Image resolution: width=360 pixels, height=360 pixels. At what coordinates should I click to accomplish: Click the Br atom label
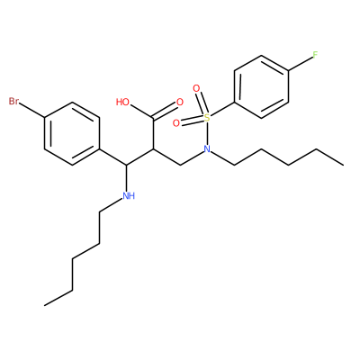13,101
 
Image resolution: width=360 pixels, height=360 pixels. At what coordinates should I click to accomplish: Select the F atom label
315,55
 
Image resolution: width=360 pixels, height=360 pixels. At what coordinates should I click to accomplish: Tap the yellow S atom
207,117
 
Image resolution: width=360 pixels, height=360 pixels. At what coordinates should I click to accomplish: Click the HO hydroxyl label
122,102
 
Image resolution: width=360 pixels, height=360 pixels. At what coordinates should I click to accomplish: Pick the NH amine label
129,196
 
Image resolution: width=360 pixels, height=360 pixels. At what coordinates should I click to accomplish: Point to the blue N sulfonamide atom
206,148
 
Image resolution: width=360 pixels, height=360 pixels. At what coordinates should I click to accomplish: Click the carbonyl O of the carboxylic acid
179,102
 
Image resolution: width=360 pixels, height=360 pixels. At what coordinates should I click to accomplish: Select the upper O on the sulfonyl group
196,88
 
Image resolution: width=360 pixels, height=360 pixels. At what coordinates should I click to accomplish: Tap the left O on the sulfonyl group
176,122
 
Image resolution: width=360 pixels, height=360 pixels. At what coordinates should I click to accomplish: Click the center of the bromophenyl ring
72,133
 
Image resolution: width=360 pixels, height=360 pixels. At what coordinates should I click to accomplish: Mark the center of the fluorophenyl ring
261,86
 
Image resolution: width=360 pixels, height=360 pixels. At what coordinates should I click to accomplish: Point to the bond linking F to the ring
301,64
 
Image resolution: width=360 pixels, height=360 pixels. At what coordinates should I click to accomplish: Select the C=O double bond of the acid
165,111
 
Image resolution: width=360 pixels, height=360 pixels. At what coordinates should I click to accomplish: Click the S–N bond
207,133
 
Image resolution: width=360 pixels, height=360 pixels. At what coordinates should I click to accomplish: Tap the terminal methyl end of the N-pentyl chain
343,165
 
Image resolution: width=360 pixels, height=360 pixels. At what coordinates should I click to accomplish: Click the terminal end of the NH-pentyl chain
45,306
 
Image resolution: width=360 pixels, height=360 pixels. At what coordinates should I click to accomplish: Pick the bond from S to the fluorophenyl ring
222,110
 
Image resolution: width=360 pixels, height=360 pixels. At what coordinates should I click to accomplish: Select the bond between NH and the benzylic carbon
127,178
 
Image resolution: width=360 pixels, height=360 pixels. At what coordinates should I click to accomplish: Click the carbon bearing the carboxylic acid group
154,149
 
